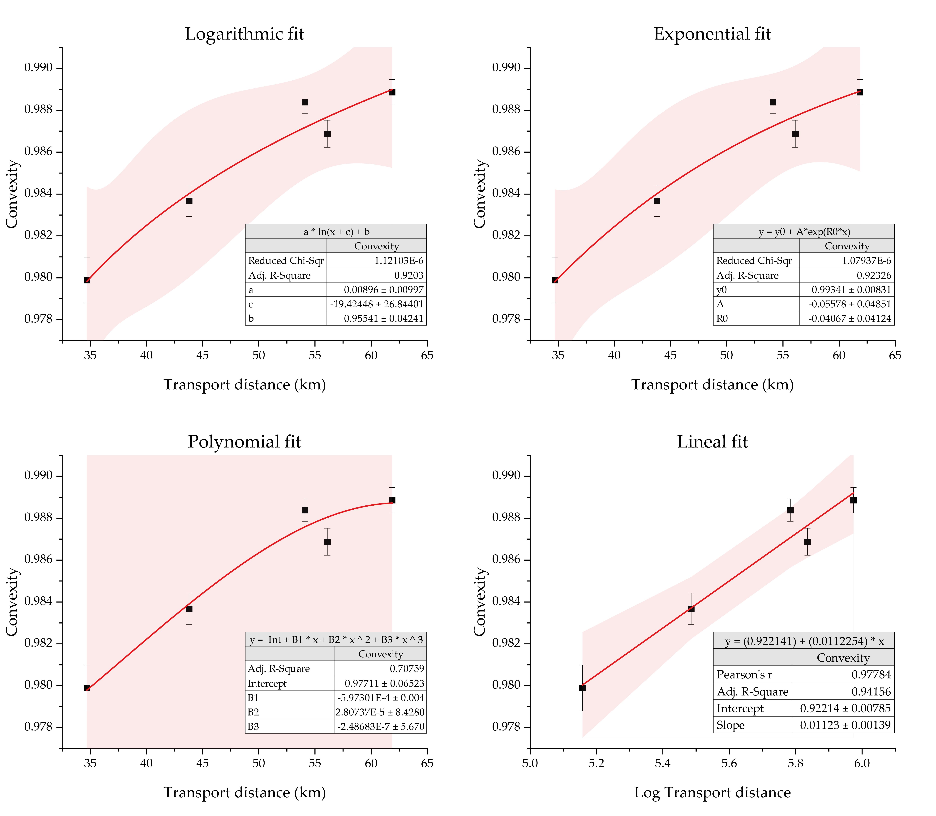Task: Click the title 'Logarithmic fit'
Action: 245,34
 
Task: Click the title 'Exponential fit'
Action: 713,34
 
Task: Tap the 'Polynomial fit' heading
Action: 245,442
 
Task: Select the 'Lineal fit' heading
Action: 713,442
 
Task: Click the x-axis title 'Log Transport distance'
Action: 713,792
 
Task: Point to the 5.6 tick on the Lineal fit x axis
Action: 729,763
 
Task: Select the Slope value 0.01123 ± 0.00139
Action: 845,725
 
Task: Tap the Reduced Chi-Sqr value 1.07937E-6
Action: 866,260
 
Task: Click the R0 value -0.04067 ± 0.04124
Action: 850,318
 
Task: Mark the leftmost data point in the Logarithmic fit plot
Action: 87,280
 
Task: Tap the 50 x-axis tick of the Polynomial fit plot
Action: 259,763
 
